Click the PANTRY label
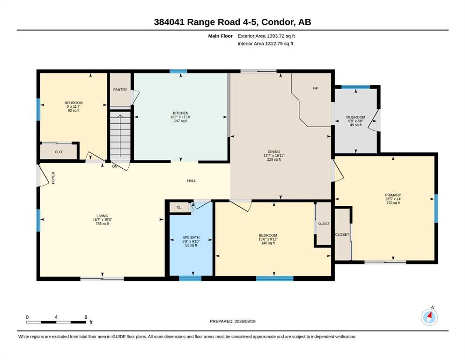[120, 90]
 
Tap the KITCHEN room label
[181, 113]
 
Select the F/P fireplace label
[316, 88]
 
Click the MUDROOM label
[355, 117]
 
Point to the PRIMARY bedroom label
[393, 195]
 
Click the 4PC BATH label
[191, 238]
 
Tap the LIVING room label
[102, 216]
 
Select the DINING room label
[274, 152]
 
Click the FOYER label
[53, 178]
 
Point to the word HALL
[192, 181]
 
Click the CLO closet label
[59, 152]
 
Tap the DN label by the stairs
[115, 166]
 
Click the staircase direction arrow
[120, 135]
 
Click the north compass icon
[429, 317]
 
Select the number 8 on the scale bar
[86, 317]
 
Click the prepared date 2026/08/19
[245, 321]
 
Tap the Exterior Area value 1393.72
[275, 36]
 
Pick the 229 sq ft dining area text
[274, 159]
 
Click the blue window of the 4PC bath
[190, 278]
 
